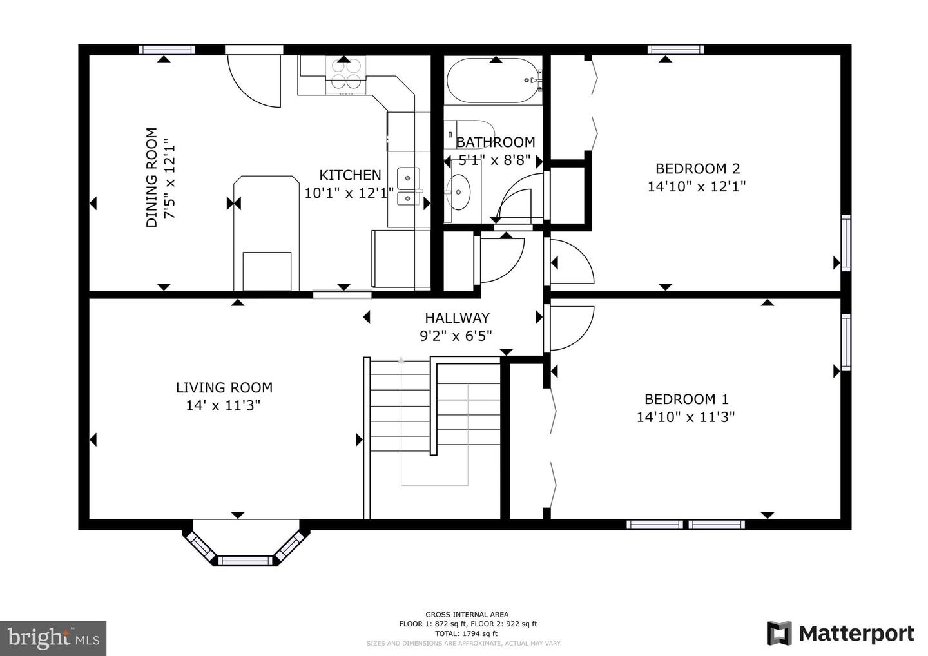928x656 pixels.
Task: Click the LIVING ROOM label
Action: (224, 387)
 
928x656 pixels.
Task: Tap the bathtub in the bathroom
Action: (494, 82)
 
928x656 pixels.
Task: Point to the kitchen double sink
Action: (408, 186)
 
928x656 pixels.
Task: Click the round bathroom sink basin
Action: (459, 191)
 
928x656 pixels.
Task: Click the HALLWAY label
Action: (457, 318)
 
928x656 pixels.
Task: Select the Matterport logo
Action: (840, 633)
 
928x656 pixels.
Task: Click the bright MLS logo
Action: (53, 638)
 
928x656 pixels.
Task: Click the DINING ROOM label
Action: (151, 178)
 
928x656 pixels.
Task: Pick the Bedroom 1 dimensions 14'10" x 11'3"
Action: (686, 417)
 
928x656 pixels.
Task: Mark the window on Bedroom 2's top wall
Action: (675, 50)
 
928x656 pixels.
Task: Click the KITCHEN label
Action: (350, 175)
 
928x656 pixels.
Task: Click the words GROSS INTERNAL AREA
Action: (467, 614)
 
